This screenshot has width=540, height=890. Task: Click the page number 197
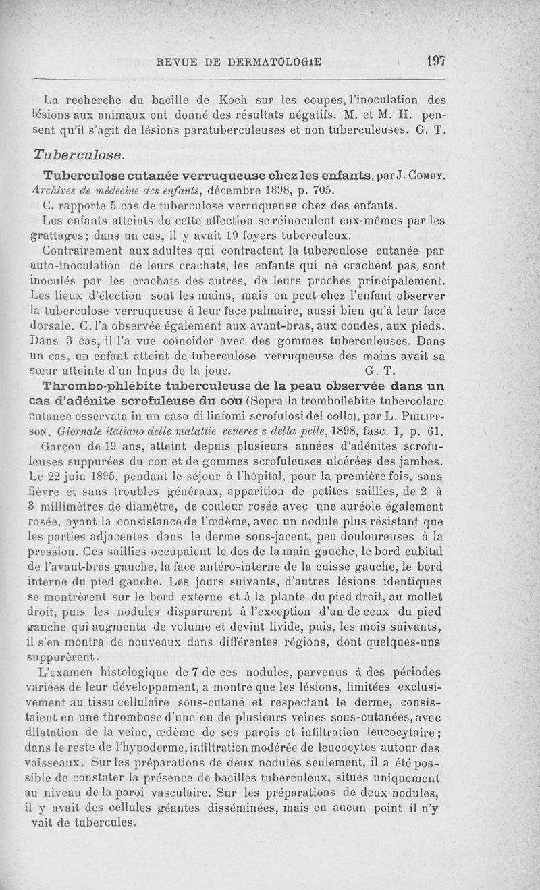[x=436, y=60]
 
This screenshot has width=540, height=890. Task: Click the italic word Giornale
[x=84, y=431]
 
